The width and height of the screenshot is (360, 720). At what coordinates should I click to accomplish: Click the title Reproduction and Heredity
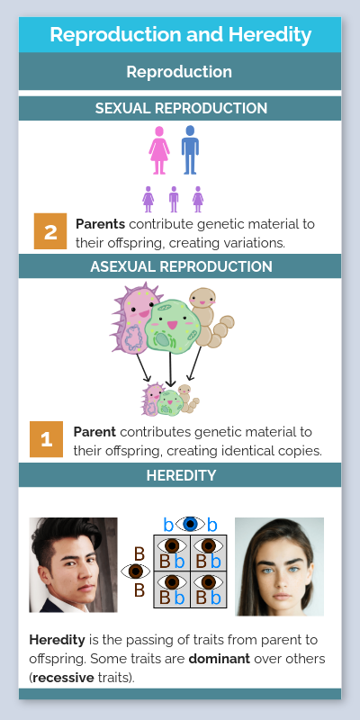tap(180, 35)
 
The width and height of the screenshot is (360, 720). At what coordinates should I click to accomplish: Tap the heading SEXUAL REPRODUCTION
tap(180, 108)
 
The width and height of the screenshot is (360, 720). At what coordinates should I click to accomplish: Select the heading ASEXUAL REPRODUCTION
tap(180, 266)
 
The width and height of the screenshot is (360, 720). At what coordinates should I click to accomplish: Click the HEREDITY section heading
tap(180, 475)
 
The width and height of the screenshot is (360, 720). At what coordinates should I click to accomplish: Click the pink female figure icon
tap(159, 149)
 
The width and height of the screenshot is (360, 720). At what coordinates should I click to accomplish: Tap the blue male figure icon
tap(190, 149)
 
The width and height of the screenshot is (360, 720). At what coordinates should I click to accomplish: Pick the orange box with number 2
tap(50, 232)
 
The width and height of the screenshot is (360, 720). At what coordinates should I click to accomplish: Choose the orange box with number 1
tap(48, 439)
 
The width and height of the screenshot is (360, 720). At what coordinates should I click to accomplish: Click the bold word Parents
tap(100, 224)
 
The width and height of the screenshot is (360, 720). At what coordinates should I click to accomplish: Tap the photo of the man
tap(73, 564)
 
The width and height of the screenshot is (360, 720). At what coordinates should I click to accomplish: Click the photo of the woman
tap(279, 565)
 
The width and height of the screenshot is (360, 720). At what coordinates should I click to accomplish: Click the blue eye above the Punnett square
tap(190, 524)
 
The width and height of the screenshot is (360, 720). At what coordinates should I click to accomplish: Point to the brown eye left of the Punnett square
tap(136, 571)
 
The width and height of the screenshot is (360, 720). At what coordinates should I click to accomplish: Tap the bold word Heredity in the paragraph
tap(57, 640)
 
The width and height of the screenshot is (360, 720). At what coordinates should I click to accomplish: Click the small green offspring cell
tap(168, 401)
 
